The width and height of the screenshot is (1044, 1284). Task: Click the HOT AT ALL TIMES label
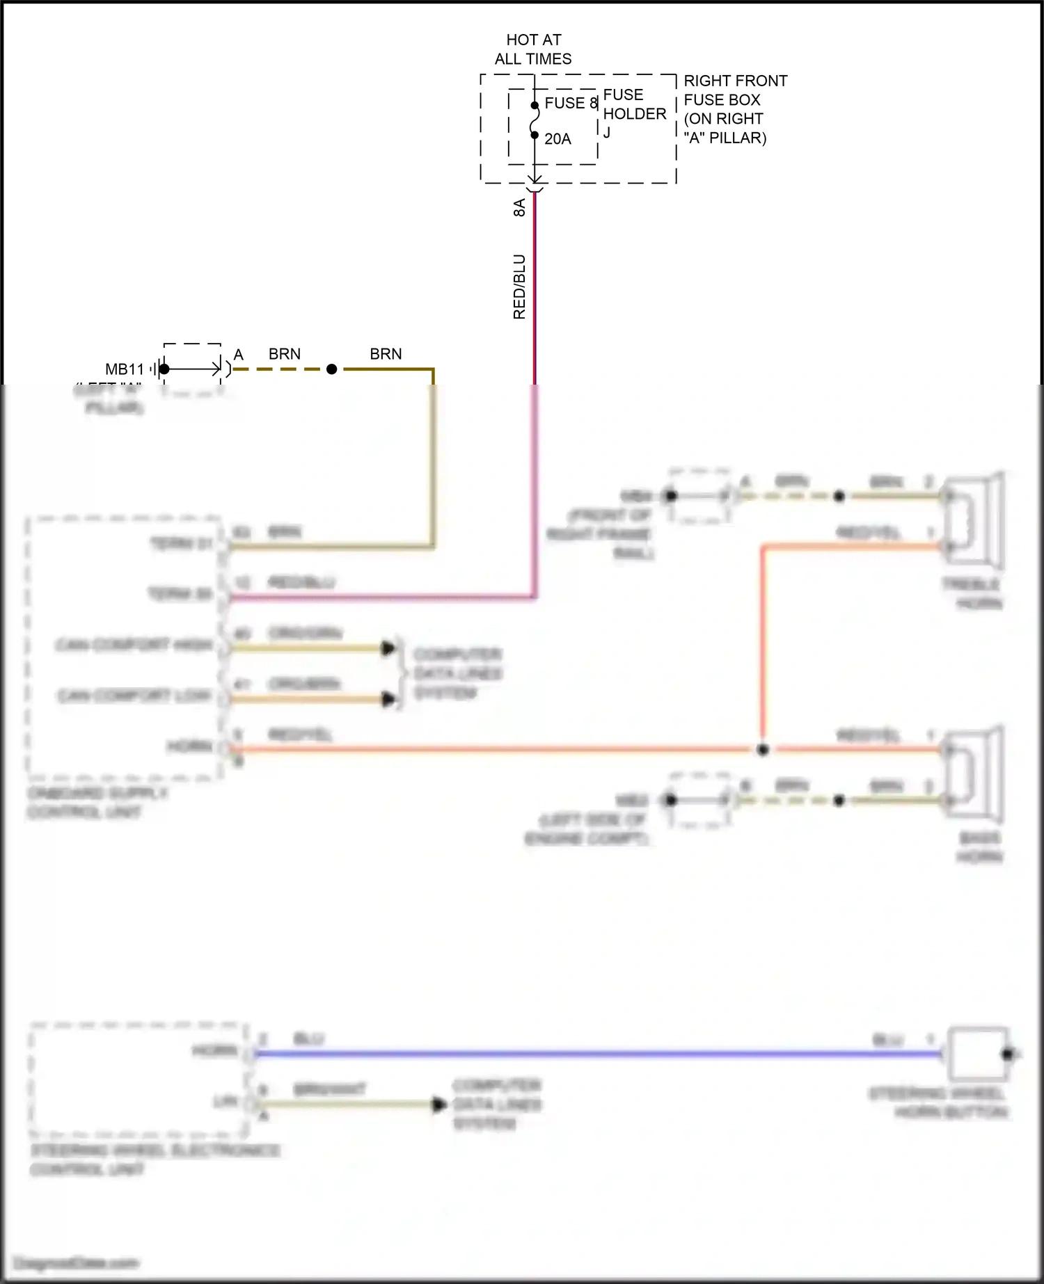click(533, 49)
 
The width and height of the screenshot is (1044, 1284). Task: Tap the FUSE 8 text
click(571, 103)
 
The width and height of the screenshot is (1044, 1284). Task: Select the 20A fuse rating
click(557, 139)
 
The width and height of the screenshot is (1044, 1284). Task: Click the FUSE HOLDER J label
click(633, 113)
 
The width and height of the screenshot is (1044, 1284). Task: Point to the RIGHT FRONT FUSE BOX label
click(734, 109)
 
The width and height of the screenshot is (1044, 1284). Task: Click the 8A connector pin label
click(519, 207)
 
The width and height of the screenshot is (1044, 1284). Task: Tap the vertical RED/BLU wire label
click(519, 287)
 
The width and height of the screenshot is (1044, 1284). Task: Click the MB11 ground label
click(124, 369)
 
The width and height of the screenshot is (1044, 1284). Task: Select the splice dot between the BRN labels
click(332, 369)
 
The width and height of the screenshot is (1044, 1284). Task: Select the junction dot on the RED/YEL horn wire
click(763, 750)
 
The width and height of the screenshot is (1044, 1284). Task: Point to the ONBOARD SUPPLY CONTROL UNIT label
click(97, 803)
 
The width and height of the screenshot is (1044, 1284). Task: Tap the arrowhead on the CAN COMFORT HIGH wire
click(388, 648)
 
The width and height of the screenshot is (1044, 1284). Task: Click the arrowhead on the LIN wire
click(439, 1105)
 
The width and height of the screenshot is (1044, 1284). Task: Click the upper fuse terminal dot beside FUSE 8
click(535, 106)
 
